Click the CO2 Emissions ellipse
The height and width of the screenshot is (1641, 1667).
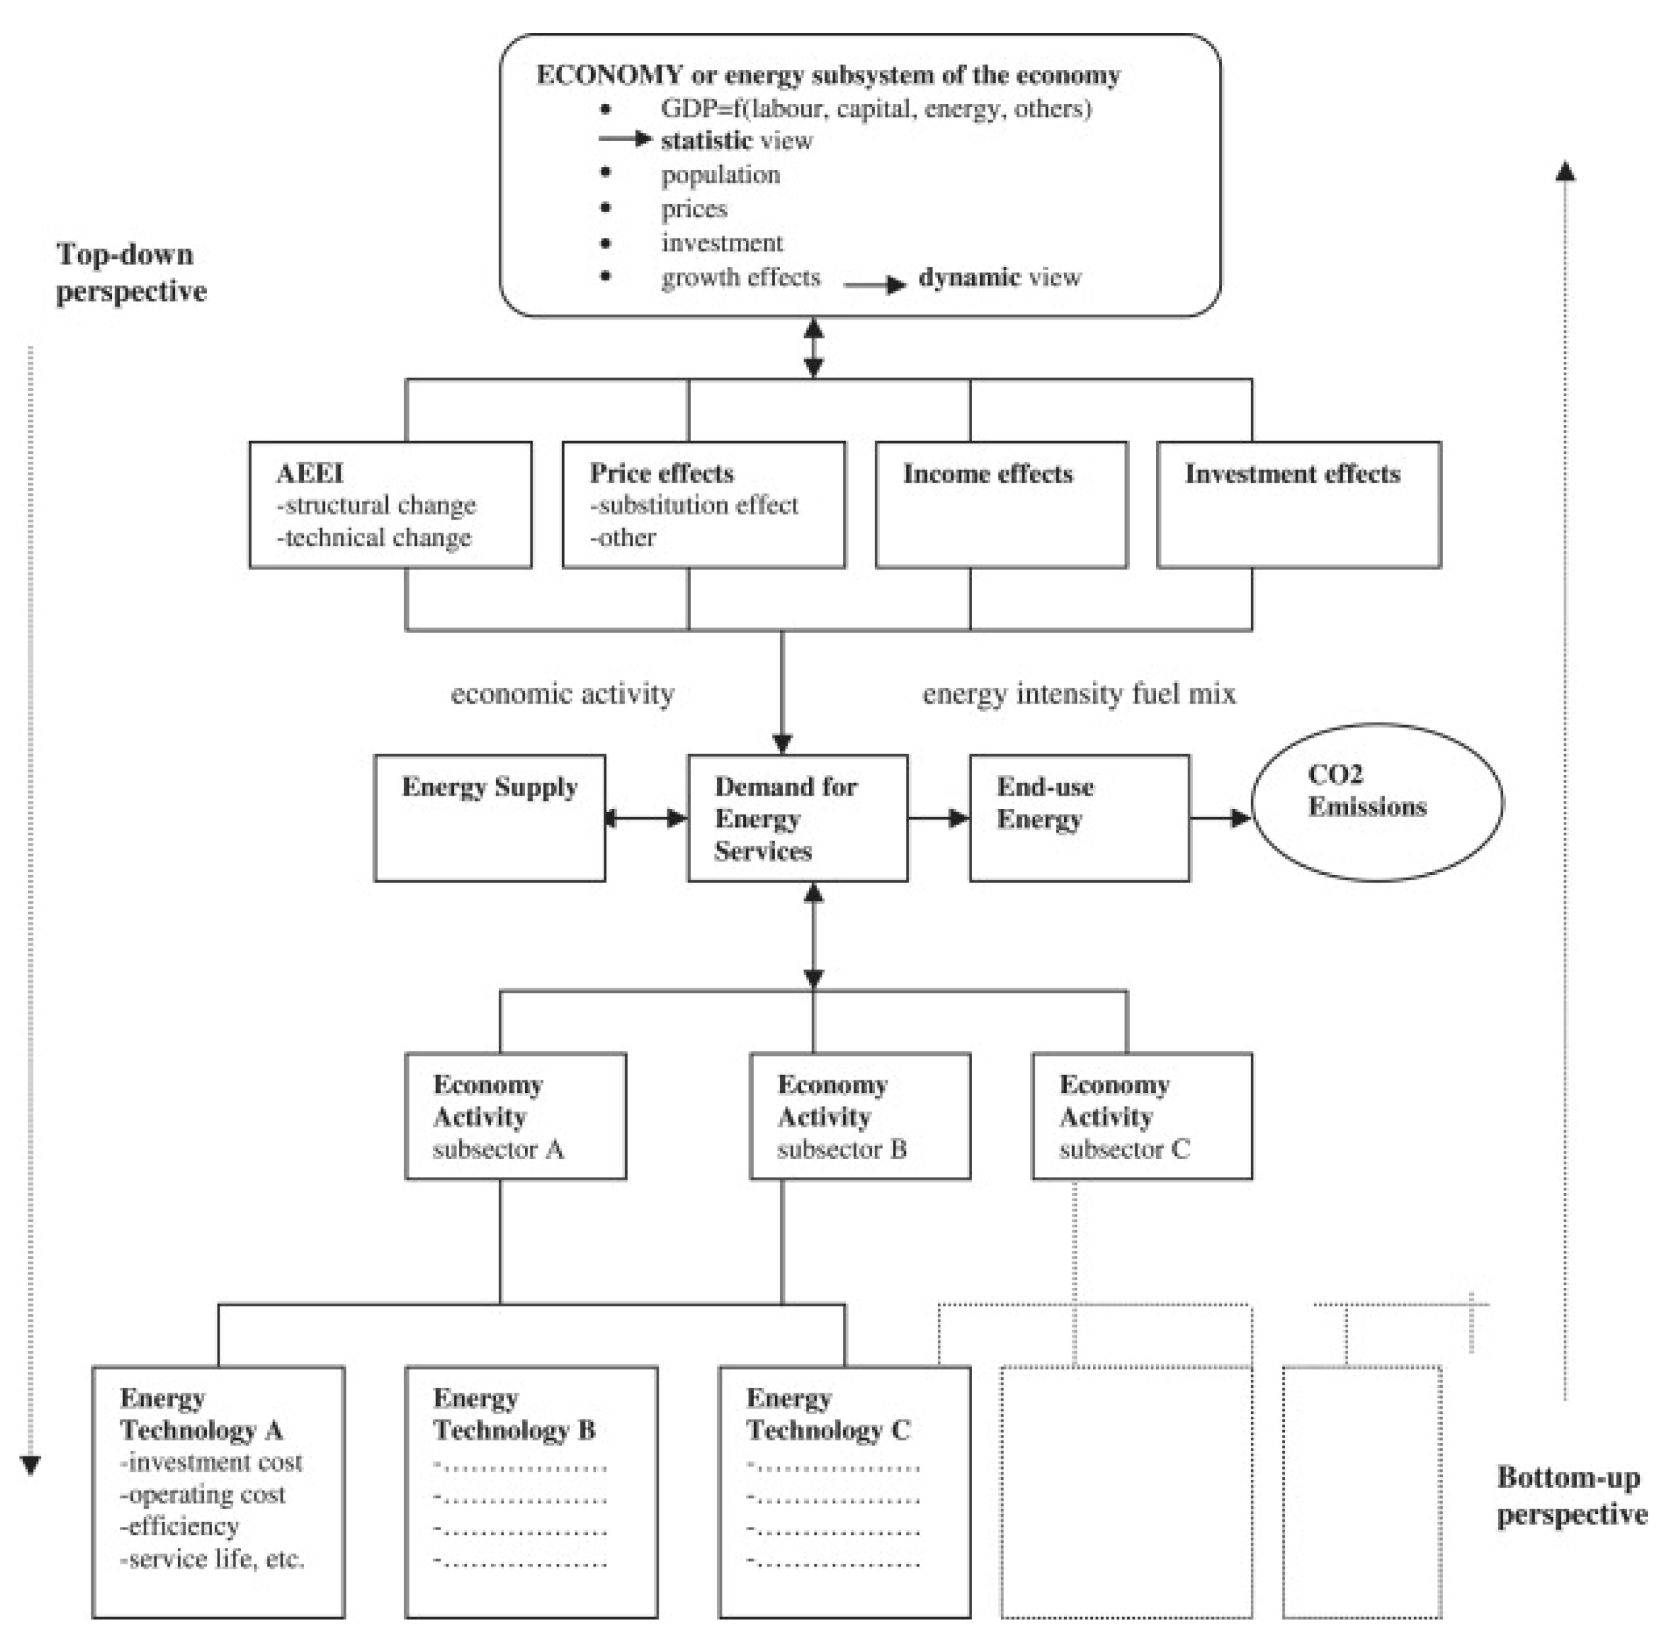tap(1376, 802)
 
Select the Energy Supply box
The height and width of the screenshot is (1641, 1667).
tap(489, 818)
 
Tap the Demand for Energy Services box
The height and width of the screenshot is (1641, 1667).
tap(798, 818)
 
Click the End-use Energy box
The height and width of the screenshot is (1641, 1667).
tap(1079, 818)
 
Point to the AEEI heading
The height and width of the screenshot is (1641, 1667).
tap(309, 473)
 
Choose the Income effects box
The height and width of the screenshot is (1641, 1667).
tap(1001, 504)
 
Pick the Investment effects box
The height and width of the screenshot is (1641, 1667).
tap(1298, 504)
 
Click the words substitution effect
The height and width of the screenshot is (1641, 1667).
tap(698, 505)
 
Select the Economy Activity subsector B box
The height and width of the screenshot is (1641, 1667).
tap(859, 1115)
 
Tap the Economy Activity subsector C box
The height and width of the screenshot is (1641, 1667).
tap(1141, 1115)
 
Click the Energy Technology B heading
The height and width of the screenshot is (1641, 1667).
tap(514, 1413)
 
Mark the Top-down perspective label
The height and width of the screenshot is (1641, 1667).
tap(131, 273)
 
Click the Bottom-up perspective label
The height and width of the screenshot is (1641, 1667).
tap(1570, 1495)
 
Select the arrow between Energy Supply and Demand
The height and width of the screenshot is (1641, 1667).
tap(646, 818)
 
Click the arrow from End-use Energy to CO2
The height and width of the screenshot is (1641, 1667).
tap(1220, 818)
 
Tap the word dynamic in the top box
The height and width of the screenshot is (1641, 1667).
tap(969, 277)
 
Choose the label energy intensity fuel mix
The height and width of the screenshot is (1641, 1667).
tap(1078, 694)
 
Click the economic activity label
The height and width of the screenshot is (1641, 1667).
tap(562, 694)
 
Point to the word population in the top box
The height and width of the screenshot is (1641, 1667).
tap(720, 175)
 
